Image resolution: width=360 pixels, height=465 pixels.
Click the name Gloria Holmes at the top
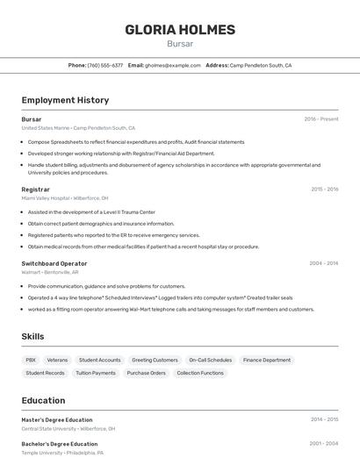180,30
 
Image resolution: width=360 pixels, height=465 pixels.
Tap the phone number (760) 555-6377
105,65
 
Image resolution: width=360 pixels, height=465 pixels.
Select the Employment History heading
65,100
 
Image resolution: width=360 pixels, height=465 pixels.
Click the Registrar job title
36,189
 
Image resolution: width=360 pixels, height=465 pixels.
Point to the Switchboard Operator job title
54,263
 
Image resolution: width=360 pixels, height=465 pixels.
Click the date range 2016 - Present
321,119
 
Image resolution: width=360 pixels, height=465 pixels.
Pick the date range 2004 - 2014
324,263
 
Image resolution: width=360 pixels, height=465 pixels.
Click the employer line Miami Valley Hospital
65,198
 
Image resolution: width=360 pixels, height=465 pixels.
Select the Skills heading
33,336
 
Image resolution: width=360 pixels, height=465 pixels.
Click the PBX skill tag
31,360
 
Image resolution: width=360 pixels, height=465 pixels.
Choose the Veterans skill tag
57,360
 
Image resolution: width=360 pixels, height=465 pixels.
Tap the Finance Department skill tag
267,360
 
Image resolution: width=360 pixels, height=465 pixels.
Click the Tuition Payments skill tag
96,373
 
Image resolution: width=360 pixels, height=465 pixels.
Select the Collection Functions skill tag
200,373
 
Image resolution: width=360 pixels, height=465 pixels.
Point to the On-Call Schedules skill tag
211,360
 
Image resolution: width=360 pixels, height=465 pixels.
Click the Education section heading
43,400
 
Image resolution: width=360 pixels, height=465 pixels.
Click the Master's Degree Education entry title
57,419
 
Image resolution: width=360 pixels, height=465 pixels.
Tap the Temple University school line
62,453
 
